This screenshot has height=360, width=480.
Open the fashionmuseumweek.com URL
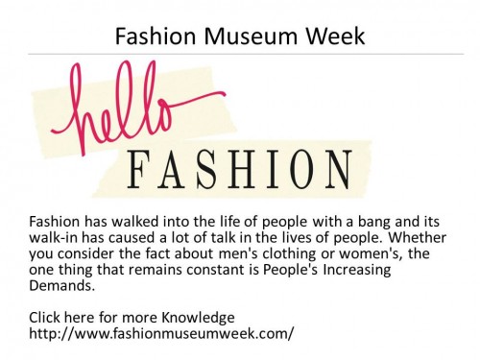(x=161, y=333)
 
